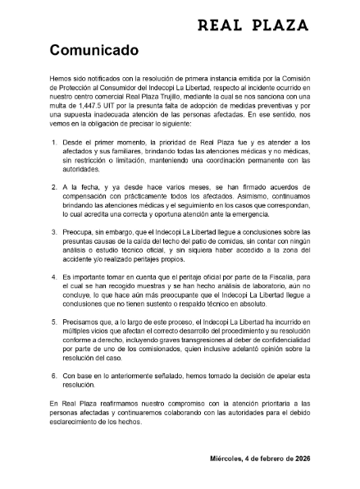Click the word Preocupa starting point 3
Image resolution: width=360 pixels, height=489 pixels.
(x=78, y=232)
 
